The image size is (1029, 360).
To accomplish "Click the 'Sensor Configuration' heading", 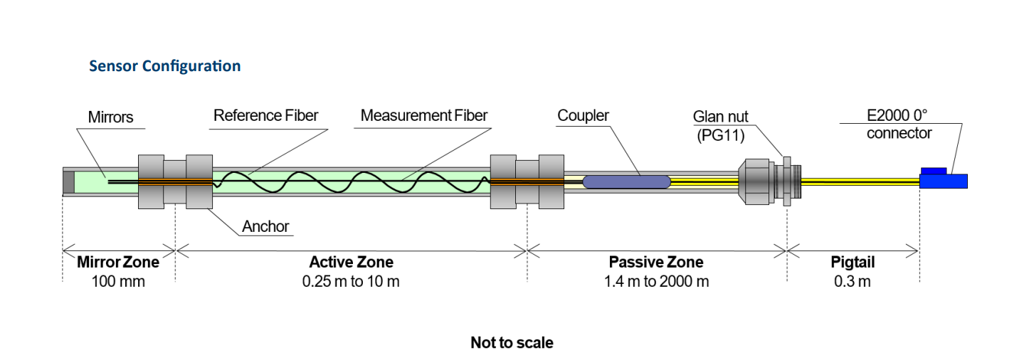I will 164,66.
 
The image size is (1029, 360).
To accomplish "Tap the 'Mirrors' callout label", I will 110,117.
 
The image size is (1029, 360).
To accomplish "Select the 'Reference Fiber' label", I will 265,115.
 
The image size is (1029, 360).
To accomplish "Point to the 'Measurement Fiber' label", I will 424,115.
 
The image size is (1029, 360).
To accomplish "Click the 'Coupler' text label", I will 583,115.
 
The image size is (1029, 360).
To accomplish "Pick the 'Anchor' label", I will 265,227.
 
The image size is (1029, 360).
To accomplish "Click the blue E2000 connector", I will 943,180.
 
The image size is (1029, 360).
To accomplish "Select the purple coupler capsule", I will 626,181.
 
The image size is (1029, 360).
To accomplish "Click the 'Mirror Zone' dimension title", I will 118,263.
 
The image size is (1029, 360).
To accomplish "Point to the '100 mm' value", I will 118,282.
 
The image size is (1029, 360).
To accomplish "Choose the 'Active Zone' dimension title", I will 351,263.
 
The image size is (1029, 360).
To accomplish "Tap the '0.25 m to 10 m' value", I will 351,282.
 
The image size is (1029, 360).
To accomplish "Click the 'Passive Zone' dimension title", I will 656,263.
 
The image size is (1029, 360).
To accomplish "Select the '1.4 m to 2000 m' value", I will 656,282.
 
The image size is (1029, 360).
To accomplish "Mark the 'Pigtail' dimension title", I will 853,263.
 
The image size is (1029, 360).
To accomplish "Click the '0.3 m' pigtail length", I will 853,282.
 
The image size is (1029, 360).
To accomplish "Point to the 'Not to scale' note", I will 512,343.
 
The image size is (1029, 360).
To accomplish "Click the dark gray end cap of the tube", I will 68,182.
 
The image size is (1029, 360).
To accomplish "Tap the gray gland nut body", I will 757,182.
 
